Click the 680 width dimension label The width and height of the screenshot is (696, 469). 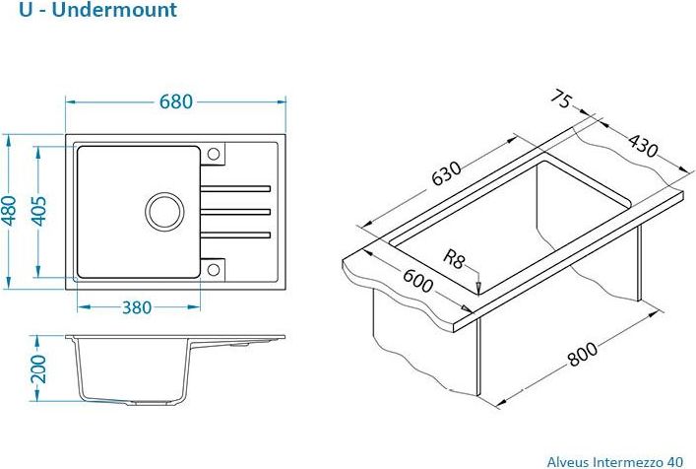tap(176, 101)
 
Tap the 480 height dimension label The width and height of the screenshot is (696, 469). tap(9, 211)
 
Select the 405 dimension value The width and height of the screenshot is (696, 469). tap(39, 211)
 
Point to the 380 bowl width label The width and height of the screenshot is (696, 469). tap(137, 307)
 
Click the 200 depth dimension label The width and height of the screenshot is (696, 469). tap(39, 368)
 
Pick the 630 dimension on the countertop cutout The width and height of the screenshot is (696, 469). tap(447, 172)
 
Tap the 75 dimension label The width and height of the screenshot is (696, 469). tap(560, 100)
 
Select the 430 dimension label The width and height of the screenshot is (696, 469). tap(643, 146)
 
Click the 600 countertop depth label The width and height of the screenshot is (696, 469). tap(417, 281)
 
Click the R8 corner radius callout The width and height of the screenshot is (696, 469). tap(454, 259)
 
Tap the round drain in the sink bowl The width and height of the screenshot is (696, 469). tap(164, 212)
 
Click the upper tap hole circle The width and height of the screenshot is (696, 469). tap(214, 154)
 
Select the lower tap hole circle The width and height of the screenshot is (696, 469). tap(214, 269)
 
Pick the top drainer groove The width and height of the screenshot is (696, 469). tap(235, 189)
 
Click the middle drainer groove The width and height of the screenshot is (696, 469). tap(235, 212)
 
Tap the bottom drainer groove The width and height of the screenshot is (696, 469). tap(235, 234)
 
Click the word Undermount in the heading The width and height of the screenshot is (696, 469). tap(114, 10)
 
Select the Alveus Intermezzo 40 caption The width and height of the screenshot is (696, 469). tap(614, 462)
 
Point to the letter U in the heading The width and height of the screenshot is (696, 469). tap(26, 10)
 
